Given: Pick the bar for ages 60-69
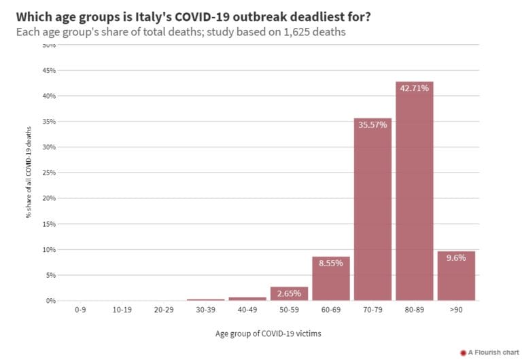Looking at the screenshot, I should tap(331, 278).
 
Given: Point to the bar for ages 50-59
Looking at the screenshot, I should tap(289, 293).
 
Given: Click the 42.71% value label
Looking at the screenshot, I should tap(414, 88).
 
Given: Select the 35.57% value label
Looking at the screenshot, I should tap(372, 124).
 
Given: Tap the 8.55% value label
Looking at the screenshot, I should tap(331, 263).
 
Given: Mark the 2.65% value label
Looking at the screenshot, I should tap(289, 293).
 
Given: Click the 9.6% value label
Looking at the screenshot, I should tap(456, 257).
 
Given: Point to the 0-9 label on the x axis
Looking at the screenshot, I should tap(80, 309).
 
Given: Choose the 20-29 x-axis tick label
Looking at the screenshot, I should tap(164, 309).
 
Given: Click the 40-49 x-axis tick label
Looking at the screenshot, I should tap(247, 309).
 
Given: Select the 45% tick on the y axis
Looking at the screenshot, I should tap(49, 71).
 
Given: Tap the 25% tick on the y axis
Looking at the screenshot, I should tap(49, 173).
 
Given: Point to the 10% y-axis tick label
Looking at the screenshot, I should tap(49, 249).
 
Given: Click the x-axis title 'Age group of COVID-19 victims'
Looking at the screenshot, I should tap(268, 333).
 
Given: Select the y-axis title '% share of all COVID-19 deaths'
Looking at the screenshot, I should tap(29, 173).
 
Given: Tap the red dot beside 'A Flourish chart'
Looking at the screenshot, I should tap(463, 353).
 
